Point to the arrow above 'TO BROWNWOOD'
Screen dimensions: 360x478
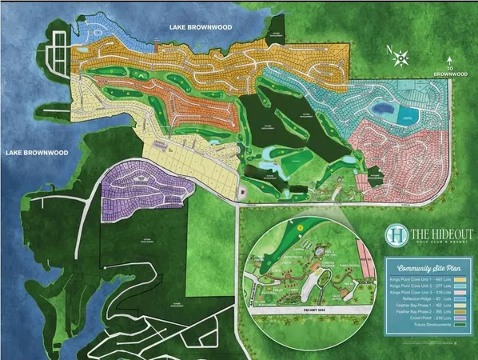(x=451, y=59)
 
